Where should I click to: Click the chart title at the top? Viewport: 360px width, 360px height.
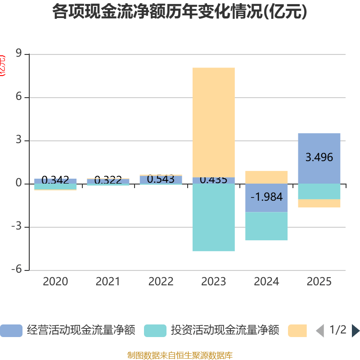180,12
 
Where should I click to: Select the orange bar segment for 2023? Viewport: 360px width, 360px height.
213,121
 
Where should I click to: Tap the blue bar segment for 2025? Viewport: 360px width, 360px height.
319,158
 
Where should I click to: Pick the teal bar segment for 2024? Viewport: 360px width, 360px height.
266,226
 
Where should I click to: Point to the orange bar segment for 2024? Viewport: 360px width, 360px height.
266,177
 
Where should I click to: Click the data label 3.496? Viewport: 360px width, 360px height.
319,157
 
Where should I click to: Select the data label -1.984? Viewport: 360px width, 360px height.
266,197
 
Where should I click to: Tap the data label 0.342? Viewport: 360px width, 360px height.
55,180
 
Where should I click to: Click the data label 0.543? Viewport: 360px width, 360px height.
161,179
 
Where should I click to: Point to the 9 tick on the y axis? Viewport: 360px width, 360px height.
19,54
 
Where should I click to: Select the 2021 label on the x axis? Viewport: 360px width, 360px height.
108,282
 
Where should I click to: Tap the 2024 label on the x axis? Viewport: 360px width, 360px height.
266,282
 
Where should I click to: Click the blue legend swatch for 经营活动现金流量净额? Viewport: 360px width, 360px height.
11,331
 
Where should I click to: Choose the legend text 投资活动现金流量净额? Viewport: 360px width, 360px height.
225,330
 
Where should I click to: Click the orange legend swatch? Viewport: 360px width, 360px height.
297,331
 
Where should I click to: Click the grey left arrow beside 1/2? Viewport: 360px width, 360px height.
320,331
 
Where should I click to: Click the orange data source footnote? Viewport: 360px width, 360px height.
180,355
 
